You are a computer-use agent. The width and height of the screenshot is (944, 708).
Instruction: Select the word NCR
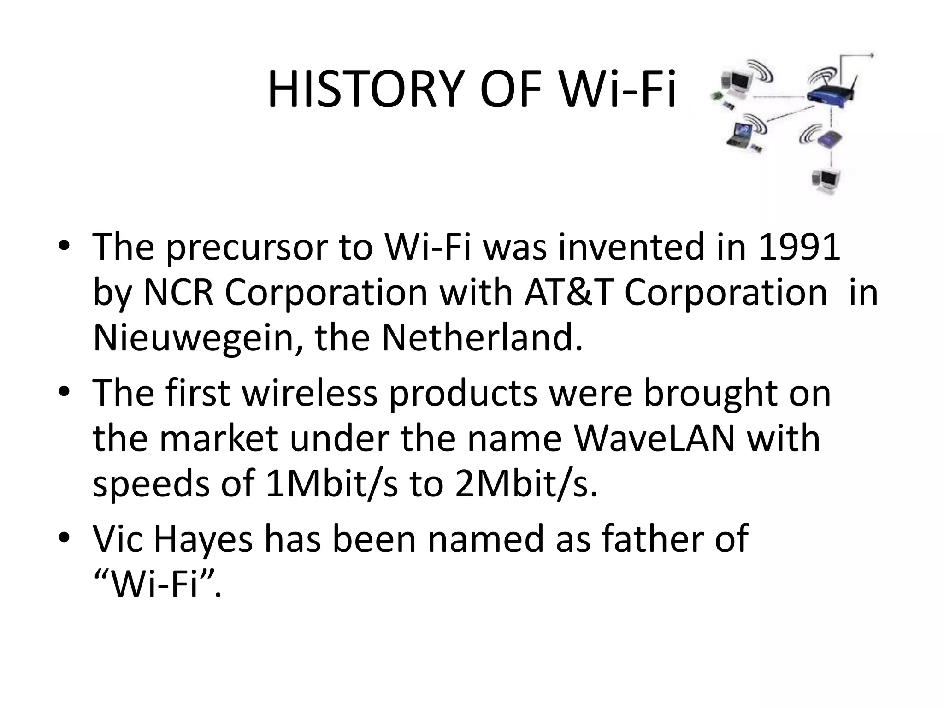tap(179, 293)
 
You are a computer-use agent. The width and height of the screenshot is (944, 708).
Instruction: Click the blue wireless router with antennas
tap(830, 94)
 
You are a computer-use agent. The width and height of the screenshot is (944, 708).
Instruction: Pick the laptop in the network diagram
tap(739, 134)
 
